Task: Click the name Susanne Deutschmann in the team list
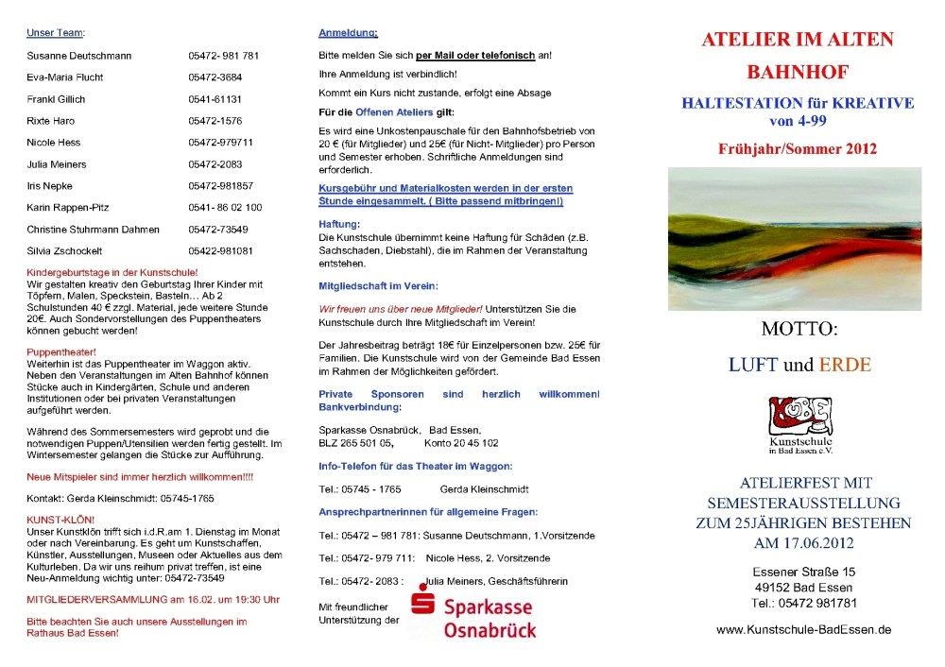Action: (79, 56)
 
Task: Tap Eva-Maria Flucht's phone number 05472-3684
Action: (215, 77)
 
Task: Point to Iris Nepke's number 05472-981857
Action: (221, 186)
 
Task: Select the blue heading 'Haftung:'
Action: (339, 224)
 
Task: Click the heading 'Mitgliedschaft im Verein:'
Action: (378, 285)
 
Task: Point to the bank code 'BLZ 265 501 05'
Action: (355, 442)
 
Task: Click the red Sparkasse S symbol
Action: (422, 600)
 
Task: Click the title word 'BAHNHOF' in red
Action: (798, 71)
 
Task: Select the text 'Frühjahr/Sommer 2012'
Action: (797, 148)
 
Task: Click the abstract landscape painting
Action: (794, 238)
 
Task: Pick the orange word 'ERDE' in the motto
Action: (845, 364)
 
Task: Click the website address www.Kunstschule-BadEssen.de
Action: (803, 629)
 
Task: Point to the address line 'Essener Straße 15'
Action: (803, 572)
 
